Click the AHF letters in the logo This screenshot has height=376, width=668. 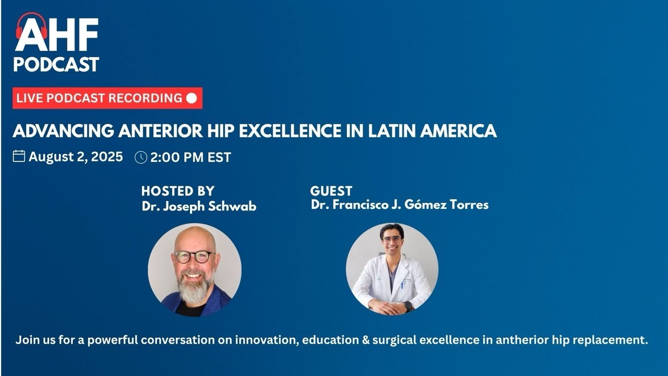click(56, 36)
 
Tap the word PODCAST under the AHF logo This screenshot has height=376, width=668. click(56, 64)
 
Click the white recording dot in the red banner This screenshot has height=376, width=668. click(192, 98)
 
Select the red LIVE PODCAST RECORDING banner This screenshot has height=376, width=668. click(107, 98)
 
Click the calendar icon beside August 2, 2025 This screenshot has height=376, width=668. click(19, 156)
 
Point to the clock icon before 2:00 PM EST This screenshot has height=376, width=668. click(140, 157)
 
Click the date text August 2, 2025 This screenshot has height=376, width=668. click(76, 157)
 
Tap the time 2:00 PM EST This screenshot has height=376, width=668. click(190, 157)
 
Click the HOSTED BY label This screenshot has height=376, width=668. click(177, 191)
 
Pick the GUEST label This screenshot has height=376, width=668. click(331, 191)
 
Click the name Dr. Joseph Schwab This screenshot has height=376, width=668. click(199, 206)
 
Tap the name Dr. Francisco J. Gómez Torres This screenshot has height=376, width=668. click(399, 204)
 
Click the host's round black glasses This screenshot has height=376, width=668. click(194, 256)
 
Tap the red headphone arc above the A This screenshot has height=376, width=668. click(31, 20)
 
